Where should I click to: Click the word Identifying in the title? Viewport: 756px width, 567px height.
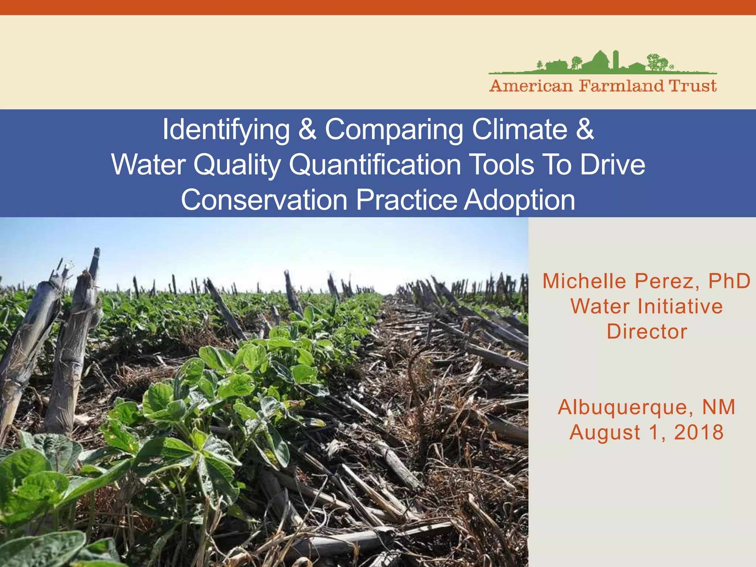point(226,130)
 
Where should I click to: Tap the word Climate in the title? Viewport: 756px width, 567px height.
point(519,129)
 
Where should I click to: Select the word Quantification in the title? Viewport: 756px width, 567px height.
point(375,165)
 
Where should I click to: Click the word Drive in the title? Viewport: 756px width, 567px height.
point(612,165)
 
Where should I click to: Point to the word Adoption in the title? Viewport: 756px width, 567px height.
point(519,200)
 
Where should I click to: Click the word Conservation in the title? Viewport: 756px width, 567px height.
point(264,200)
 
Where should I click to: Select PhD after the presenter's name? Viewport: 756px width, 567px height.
point(729,281)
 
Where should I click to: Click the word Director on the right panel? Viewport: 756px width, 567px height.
point(647,331)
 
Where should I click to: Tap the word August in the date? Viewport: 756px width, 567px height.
point(605,432)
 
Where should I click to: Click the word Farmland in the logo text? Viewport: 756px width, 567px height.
point(621,86)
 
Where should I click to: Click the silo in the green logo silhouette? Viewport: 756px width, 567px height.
point(615,59)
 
